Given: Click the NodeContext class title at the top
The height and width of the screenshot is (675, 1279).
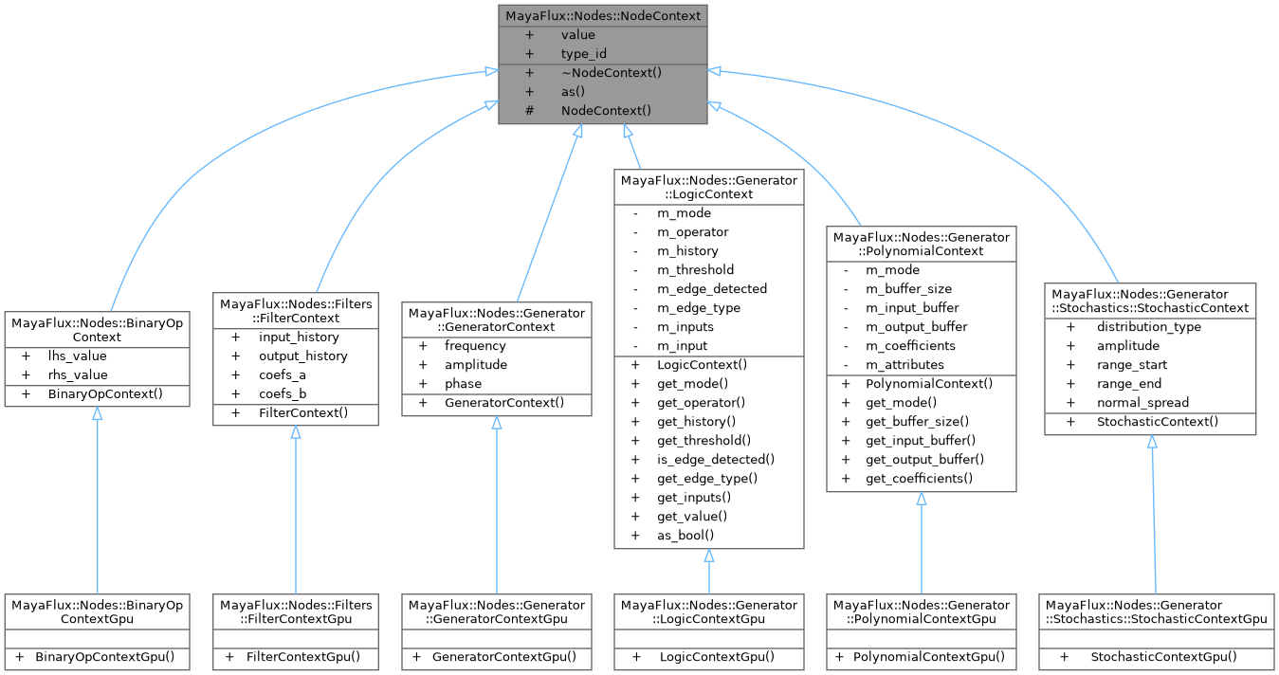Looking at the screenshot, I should click(602, 16).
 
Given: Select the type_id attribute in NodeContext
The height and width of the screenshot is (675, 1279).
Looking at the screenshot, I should click(583, 54).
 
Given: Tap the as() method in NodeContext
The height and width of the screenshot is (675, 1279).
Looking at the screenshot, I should click(573, 92).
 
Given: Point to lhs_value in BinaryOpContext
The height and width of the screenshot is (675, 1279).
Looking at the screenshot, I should click(78, 356).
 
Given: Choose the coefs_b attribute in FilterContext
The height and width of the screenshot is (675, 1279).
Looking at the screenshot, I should click(283, 393).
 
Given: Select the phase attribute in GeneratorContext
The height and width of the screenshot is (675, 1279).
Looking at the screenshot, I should click(463, 384).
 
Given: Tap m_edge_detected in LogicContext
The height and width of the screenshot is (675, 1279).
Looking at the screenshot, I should click(712, 289).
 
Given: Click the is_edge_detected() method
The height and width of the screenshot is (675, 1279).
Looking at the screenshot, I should click(716, 460).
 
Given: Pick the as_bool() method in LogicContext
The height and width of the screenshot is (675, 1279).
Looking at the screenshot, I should click(685, 536).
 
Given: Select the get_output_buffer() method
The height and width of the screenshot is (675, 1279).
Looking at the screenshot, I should click(924, 460).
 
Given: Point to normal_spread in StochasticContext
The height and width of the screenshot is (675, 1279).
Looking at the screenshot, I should click(1142, 403).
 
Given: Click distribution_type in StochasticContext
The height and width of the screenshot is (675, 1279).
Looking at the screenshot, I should click(1149, 327).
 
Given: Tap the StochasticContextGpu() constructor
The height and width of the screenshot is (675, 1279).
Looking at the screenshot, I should click(1163, 657).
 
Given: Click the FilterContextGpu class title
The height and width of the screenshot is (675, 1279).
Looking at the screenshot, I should click(296, 611).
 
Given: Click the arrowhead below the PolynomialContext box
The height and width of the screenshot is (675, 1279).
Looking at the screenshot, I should click(921, 500).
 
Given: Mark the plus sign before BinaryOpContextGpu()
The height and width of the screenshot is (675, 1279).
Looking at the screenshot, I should click(18, 657).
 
